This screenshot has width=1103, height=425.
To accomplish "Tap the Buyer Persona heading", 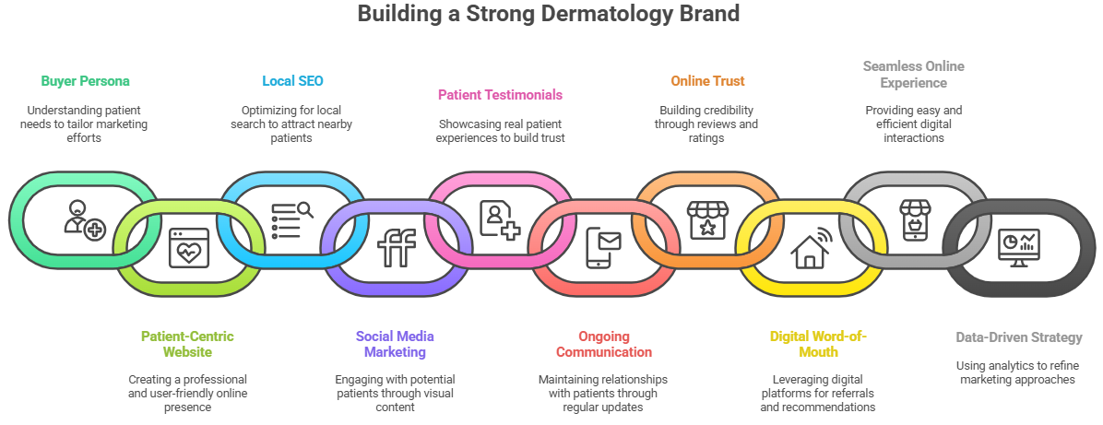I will pyautogui.click(x=85, y=81).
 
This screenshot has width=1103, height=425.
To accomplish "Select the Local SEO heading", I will pyautogui.click(x=292, y=81).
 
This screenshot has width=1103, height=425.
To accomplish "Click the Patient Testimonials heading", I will pyautogui.click(x=500, y=94).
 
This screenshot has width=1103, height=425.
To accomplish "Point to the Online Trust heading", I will pyautogui.click(x=707, y=81).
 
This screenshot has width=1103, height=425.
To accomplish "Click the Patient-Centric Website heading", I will pyautogui.click(x=187, y=344).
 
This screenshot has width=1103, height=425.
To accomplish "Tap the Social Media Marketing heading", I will pyautogui.click(x=395, y=344).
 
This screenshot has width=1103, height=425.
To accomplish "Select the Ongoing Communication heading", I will pyautogui.click(x=602, y=344).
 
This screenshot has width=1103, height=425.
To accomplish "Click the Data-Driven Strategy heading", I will pyautogui.click(x=1019, y=337).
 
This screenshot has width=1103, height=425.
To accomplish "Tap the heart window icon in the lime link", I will pyautogui.click(x=188, y=247).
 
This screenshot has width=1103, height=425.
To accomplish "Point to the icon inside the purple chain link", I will pyautogui.click(x=397, y=247).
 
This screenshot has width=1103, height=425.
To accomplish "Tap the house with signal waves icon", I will pyautogui.click(x=812, y=247).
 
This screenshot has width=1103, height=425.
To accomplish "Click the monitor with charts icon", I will pyautogui.click(x=1019, y=247).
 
